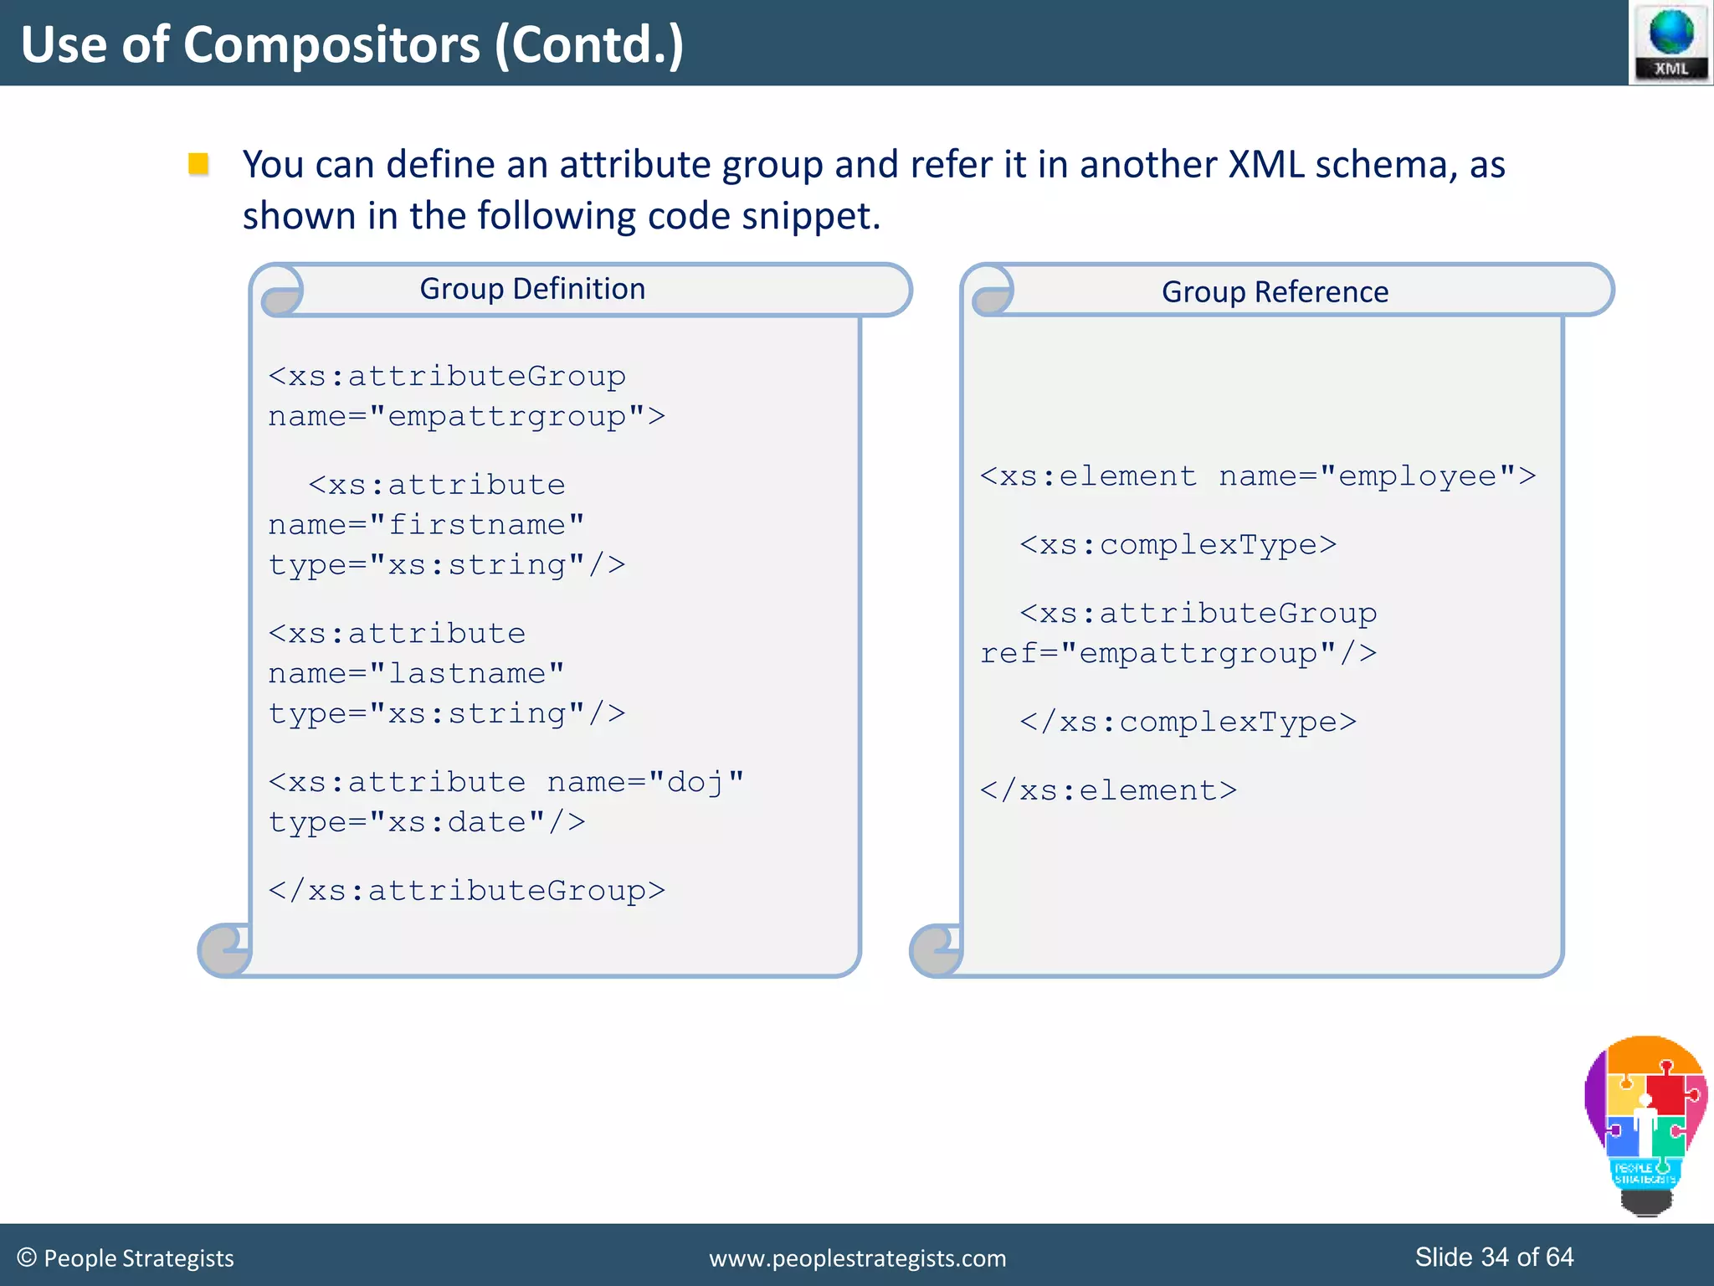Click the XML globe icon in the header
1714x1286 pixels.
coord(1670,42)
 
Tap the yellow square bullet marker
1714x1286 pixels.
coord(198,163)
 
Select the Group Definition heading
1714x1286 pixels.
coord(532,289)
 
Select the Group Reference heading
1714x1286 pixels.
coord(1274,291)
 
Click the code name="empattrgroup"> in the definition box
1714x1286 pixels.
coord(466,416)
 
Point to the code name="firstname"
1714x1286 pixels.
coord(426,525)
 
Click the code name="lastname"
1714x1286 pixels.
coord(416,673)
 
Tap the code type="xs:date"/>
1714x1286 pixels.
coord(427,822)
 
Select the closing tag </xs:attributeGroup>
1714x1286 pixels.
coord(466,891)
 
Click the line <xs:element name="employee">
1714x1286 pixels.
coord(1257,476)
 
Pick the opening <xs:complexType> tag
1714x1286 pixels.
coord(1178,545)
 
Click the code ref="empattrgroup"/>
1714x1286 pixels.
coord(1178,653)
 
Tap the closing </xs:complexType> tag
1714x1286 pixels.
coord(1188,722)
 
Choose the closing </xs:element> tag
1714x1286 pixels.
coord(1108,790)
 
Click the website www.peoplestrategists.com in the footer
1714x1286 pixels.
coord(857,1258)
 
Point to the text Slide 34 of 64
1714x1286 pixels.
coord(1493,1257)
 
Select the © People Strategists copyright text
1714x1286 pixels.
coord(126,1258)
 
